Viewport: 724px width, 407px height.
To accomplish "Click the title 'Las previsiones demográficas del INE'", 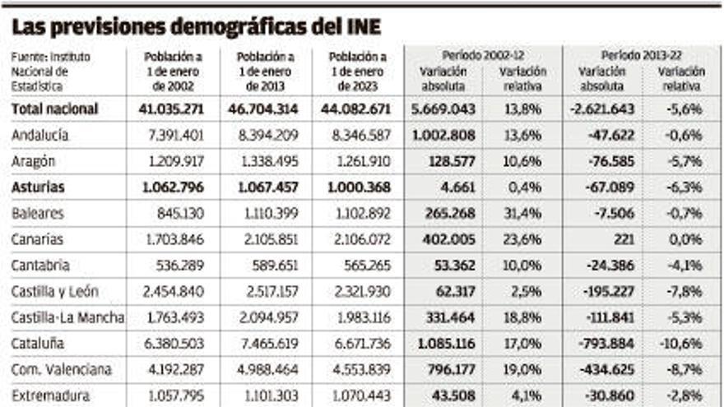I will pos(197,26).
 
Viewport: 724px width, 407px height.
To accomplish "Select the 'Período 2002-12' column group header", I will pos(484,55).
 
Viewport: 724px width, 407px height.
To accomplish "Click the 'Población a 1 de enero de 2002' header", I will pos(173,72).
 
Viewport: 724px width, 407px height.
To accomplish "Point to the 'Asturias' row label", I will pos(38,187).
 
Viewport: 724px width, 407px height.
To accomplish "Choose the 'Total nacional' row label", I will pos(55,109).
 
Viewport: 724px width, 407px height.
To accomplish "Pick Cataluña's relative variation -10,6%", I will pos(681,344).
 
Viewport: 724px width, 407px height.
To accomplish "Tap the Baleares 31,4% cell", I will pos(522,213).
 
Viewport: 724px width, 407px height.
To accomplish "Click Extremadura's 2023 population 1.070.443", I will pos(357,395).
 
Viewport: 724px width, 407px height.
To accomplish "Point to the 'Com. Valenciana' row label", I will pos(62,370).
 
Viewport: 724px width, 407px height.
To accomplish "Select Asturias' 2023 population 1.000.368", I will pos(357,187).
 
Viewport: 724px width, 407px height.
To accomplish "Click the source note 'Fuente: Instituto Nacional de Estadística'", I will pos(51,72).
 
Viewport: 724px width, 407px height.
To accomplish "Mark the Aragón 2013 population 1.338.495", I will pos(265,161).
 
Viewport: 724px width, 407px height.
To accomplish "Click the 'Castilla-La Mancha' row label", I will pos(68,318).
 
